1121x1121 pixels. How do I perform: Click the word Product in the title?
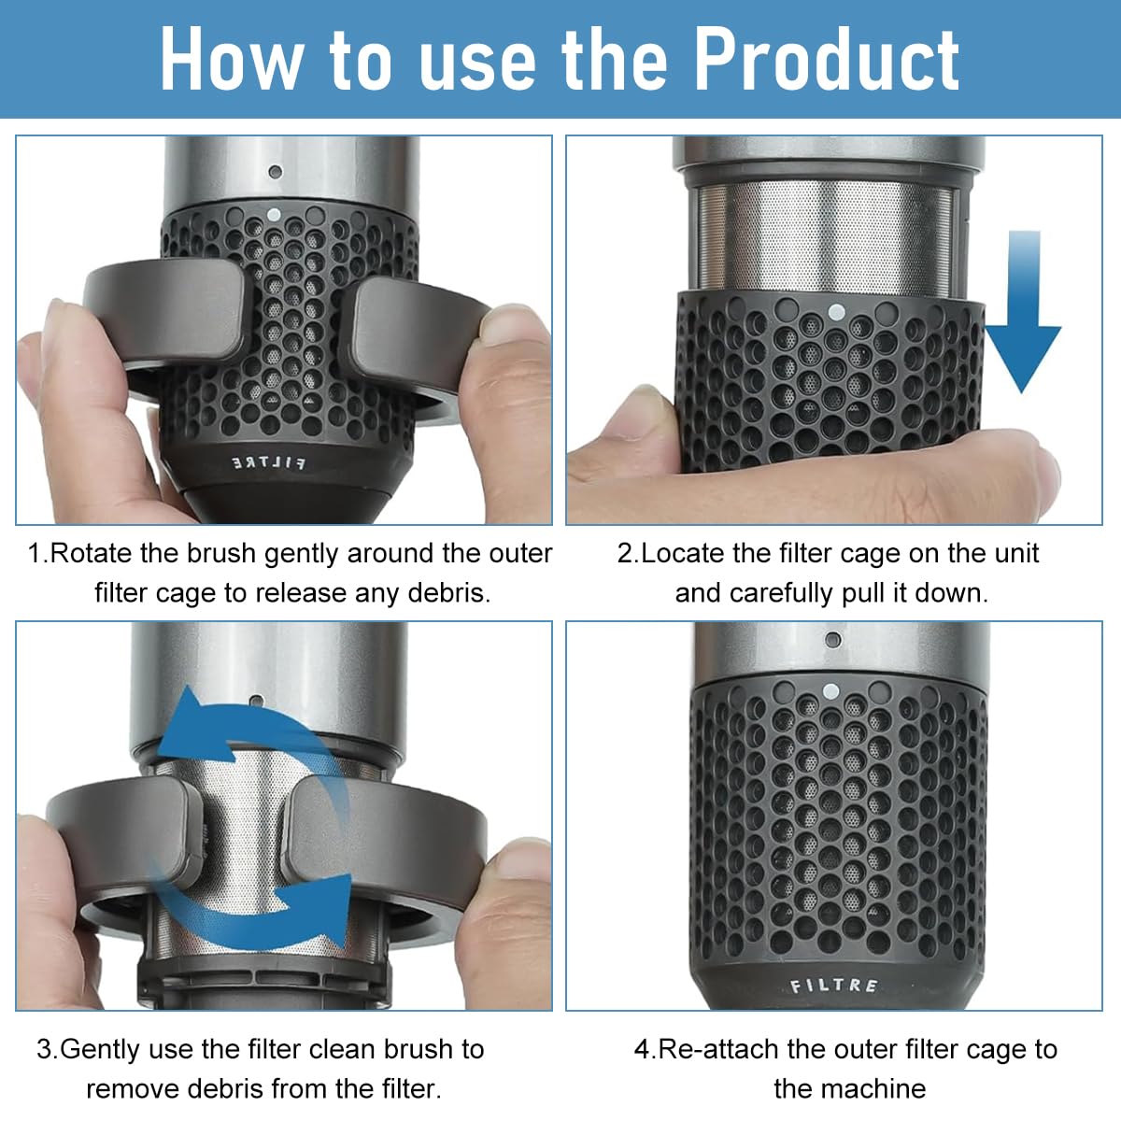(x=826, y=59)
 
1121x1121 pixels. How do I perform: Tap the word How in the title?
(x=229, y=59)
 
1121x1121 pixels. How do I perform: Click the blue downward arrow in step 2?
(x=1023, y=313)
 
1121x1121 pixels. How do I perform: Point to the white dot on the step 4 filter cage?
(x=829, y=692)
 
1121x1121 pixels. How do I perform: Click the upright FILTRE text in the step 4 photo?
(x=834, y=985)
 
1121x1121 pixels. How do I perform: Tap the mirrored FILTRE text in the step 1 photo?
(x=268, y=463)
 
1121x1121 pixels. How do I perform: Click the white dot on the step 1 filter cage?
(x=274, y=214)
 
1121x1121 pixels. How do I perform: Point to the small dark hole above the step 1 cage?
(x=275, y=172)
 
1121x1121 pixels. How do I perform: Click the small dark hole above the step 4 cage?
(x=832, y=640)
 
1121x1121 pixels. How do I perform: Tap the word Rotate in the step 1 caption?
(x=92, y=553)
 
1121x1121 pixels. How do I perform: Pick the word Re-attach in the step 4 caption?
(x=719, y=1049)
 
